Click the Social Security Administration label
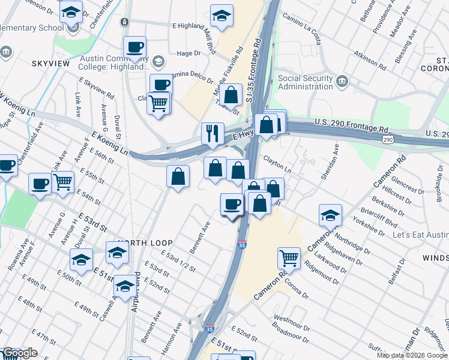305,82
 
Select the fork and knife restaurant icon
212,134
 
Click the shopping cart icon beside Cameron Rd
289,258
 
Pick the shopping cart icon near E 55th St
62,182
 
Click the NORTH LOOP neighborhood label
140,243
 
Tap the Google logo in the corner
20,353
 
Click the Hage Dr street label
188,53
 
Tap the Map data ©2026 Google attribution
412,355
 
